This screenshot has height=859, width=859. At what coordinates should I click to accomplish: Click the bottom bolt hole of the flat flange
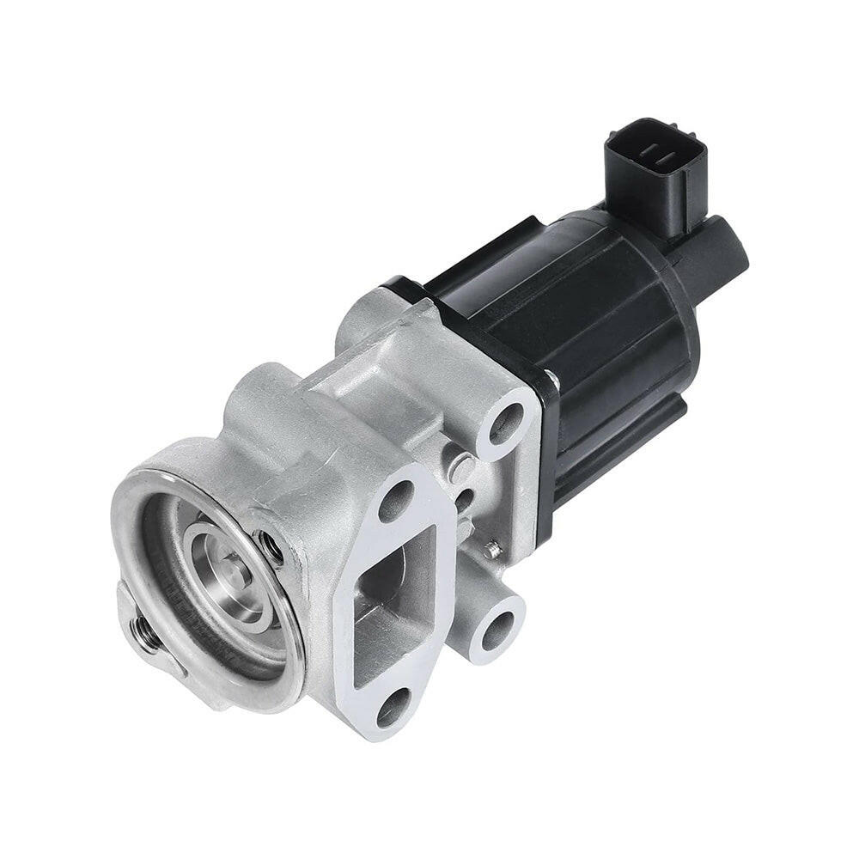point(393,706)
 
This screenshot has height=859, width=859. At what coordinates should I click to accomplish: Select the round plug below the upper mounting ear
point(460,469)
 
